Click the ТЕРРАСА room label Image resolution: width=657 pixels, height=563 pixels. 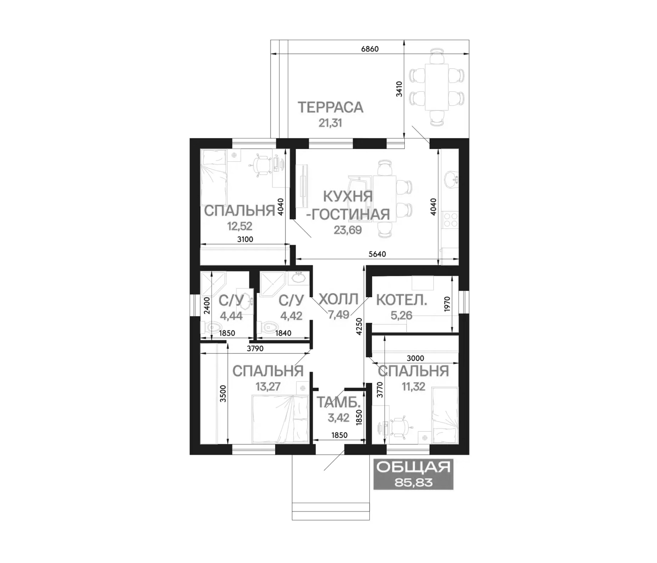330,107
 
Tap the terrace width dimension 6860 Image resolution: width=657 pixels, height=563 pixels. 370,49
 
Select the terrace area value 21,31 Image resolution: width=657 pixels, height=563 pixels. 330,123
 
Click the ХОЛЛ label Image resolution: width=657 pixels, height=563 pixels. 338,299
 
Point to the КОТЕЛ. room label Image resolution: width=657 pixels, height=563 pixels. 402,300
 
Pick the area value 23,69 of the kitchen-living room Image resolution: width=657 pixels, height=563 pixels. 348,230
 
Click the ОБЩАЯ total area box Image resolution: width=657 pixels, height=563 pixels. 414,474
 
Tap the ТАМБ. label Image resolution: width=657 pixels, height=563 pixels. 339,402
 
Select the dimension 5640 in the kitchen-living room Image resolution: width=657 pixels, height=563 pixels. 377,254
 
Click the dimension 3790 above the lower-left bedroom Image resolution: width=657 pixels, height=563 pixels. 255,348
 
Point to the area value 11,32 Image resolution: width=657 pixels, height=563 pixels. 414,387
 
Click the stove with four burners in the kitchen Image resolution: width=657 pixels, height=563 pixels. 451,220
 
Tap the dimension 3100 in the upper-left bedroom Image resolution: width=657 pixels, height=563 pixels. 245,240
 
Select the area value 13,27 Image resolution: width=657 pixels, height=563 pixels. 268,387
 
